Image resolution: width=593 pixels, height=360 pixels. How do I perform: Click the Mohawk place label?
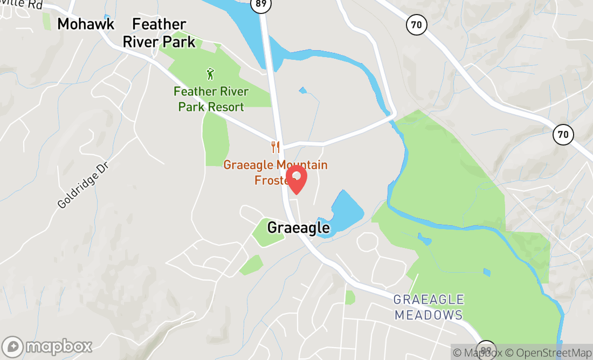click(86, 24)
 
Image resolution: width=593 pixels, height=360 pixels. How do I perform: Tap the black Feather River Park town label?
click(159, 33)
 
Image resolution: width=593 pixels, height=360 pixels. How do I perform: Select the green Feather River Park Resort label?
click(211, 99)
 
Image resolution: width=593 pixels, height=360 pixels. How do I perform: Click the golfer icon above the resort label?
click(210, 73)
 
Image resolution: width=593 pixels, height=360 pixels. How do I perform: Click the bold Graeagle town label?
click(298, 228)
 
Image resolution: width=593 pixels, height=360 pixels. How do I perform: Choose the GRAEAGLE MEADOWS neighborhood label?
click(429, 307)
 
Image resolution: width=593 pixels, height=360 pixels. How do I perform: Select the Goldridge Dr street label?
click(83, 187)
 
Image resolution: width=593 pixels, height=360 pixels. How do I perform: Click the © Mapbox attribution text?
click(478, 353)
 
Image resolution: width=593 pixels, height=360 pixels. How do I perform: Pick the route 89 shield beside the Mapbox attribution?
click(486, 348)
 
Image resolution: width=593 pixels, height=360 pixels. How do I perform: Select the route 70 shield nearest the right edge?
click(563, 134)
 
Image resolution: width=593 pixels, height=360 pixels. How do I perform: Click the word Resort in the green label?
click(226, 107)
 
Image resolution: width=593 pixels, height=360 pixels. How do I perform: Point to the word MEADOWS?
click(429, 315)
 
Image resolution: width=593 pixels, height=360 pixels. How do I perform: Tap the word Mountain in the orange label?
click(302, 165)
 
